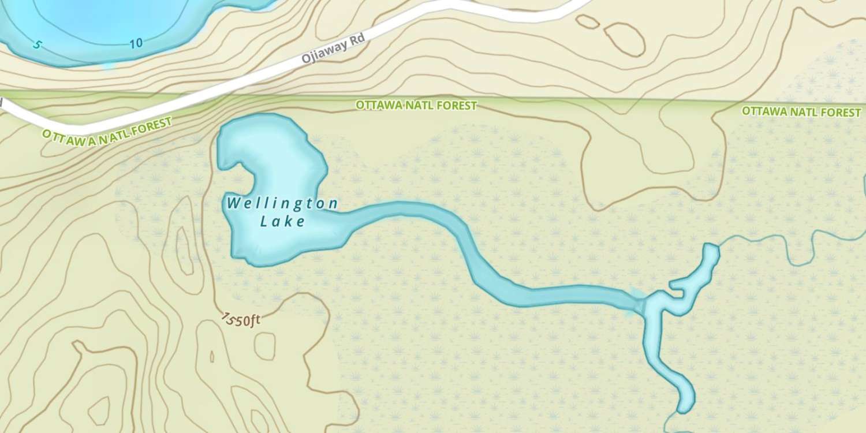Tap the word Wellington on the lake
(282, 203)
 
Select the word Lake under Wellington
(282, 221)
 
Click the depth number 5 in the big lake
(37, 44)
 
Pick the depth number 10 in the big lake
(136, 43)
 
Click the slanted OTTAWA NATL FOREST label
(107, 131)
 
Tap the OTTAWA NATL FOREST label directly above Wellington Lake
(416, 106)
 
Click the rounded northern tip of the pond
(711, 249)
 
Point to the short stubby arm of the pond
(678, 285)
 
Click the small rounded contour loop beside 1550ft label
(265, 345)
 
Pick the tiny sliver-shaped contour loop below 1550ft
(212, 356)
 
